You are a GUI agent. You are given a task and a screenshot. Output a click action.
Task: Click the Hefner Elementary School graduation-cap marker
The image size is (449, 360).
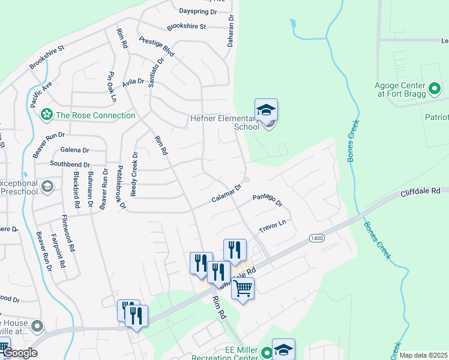[x=266, y=110]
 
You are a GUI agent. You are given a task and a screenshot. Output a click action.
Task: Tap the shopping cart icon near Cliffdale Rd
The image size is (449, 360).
[x=243, y=289]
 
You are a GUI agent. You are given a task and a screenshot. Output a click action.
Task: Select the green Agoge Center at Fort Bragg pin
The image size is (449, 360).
[x=435, y=90]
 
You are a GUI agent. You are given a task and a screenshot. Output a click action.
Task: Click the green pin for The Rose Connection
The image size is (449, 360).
[x=46, y=115]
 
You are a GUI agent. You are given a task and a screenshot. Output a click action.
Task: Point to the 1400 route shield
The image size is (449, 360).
[x=317, y=239]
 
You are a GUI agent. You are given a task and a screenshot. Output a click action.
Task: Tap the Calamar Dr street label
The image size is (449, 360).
[x=226, y=194]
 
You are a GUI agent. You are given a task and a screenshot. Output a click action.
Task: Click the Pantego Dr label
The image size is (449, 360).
[x=267, y=200]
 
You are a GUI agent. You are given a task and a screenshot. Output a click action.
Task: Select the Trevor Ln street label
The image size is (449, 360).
[x=273, y=227]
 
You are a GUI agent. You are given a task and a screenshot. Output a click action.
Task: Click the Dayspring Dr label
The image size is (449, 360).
[x=198, y=11]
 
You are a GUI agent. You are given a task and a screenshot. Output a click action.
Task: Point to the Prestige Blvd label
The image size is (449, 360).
[x=156, y=46]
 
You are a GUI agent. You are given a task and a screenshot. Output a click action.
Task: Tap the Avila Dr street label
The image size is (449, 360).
[x=133, y=82]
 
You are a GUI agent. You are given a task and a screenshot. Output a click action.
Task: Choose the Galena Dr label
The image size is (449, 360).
[x=74, y=150]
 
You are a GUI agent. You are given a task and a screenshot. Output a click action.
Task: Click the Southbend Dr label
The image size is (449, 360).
[x=70, y=164]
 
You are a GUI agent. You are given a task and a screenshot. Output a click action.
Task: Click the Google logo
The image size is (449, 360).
[x=20, y=353]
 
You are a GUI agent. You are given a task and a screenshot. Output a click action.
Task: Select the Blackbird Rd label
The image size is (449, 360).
[x=76, y=190]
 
